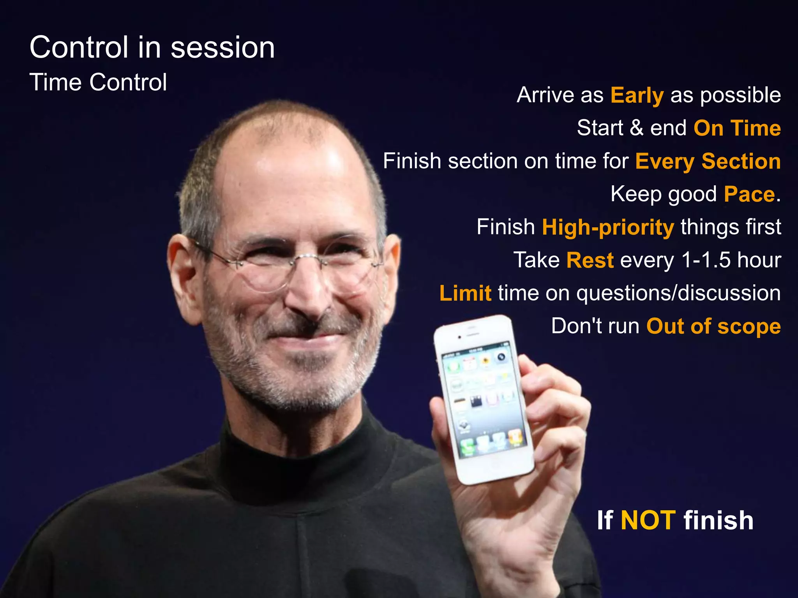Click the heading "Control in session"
[x=152, y=47]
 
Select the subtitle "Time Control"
[x=98, y=82]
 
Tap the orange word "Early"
[x=637, y=95]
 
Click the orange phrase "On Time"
[x=737, y=128]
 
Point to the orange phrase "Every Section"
[x=708, y=161]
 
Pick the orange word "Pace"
[x=749, y=194]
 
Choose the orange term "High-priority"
[x=608, y=227]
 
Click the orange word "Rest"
[x=590, y=260]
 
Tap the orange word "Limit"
[x=465, y=293]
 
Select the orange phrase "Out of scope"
[x=713, y=326]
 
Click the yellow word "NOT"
[x=648, y=520]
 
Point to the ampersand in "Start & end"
[x=636, y=128]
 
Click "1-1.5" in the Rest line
[x=706, y=260]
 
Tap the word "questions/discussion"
[x=678, y=293]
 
